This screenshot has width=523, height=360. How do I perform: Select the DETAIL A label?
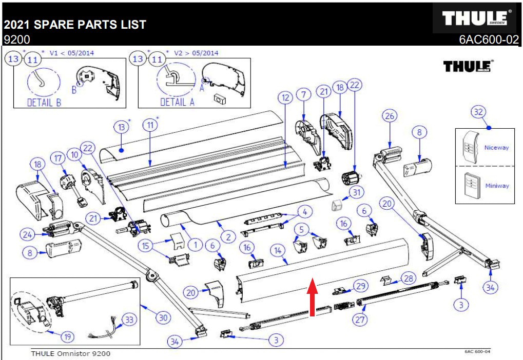178,102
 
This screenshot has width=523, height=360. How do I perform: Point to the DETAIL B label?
44,102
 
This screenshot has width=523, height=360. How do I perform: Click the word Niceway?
496,148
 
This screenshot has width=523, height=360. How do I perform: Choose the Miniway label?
497,186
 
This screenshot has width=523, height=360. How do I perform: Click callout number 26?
390,116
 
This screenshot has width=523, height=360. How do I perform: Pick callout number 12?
285,97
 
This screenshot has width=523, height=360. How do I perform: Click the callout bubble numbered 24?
27,235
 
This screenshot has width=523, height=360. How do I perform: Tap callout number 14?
278,251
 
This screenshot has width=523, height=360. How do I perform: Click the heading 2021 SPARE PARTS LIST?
75,24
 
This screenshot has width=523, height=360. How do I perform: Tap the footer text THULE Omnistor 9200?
71,353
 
